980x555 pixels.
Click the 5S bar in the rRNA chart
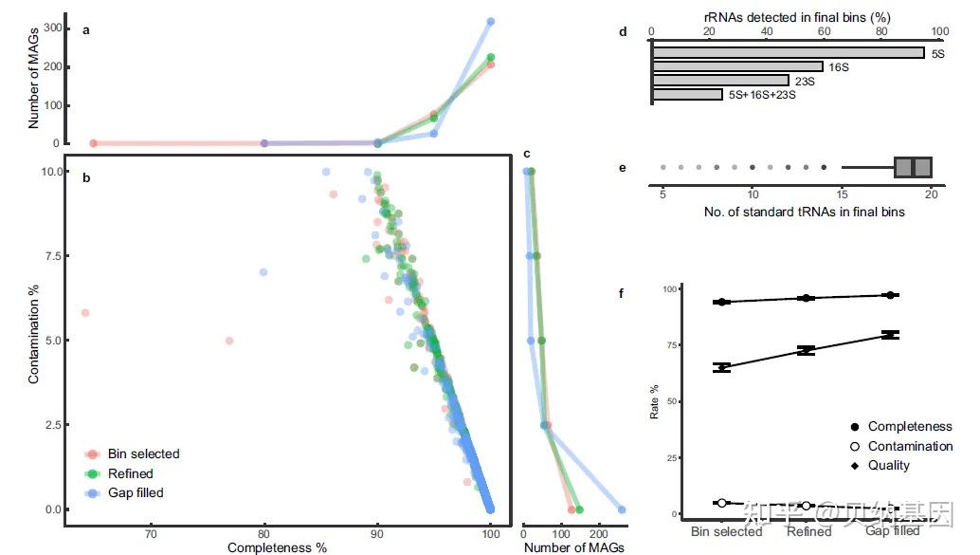(x=787, y=53)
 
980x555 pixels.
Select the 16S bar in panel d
(x=736, y=66)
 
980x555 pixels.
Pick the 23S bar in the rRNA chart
(x=719, y=81)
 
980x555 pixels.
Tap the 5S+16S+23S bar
(x=687, y=95)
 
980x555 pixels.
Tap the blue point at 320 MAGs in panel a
(x=490, y=21)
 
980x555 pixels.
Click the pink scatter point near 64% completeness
(x=85, y=312)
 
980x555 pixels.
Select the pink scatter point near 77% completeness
(x=228, y=341)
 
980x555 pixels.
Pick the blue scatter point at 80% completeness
(x=263, y=272)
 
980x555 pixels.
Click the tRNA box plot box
(x=913, y=167)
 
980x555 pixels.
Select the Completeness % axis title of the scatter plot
(x=277, y=547)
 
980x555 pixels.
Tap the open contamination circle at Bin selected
(x=722, y=503)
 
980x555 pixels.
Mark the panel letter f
(x=622, y=293)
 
